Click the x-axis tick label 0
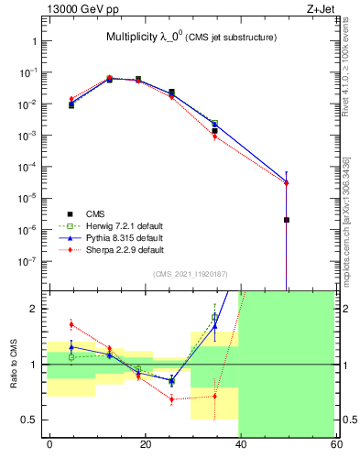coord(49,443)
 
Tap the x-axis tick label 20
coord(145,443)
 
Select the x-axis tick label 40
coord(241,443)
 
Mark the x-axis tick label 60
coord(336,443)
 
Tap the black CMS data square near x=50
coord(287,220)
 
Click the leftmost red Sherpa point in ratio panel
coord(71,324)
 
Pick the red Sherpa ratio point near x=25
coord(171,399)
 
